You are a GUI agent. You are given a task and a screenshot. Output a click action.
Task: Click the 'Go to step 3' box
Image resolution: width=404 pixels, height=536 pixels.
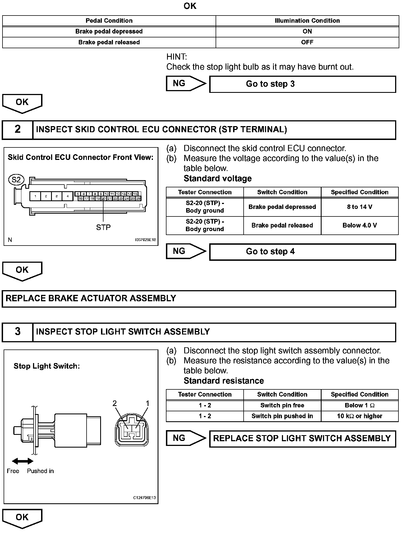[302, 84]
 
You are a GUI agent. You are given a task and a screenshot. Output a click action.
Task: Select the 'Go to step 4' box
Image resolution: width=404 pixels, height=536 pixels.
[302, 252]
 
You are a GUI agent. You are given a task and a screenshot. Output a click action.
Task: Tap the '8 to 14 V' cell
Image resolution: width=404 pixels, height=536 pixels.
[360, 207]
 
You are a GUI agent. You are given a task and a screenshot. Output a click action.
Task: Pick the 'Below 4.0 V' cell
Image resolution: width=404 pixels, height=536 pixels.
[360, 225]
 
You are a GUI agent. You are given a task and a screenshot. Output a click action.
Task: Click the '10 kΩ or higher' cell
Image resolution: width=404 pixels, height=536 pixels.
[360, 416]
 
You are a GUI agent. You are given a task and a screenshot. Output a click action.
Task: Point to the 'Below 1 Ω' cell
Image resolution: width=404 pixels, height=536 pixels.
[360, 405]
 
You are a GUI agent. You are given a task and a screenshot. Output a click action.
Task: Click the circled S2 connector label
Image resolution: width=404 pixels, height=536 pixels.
[16, 180]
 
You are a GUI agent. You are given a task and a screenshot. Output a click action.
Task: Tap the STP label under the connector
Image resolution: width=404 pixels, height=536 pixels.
[103, 227]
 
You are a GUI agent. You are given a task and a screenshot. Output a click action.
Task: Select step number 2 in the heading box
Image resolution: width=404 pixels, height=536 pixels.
[17, 129]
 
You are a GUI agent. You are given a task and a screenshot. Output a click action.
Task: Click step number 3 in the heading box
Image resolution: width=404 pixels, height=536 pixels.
[17, 332]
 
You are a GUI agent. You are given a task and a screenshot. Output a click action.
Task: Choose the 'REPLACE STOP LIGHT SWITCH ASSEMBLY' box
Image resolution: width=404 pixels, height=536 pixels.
[302, 438]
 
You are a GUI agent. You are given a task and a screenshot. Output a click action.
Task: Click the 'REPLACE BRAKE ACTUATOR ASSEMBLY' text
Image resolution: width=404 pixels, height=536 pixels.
[91, 298]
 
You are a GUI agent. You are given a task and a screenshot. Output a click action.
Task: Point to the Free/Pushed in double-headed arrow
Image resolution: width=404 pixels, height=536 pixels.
[23, 461]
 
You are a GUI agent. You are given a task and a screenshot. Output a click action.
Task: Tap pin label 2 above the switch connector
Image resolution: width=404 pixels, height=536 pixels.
[115, 404]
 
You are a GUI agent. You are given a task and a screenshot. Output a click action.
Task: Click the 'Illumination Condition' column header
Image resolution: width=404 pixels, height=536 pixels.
[307, 21]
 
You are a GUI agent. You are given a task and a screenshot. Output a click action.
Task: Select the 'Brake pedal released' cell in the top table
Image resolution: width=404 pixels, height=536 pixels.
[109, 42]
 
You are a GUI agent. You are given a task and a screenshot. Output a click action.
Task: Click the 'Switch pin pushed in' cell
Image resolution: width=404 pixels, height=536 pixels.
[282, 416]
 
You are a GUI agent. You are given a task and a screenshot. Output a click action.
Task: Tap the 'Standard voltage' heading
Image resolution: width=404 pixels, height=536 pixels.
[218, 178]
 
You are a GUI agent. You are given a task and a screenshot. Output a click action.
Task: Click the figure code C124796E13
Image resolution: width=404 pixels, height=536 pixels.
[144, 498]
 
